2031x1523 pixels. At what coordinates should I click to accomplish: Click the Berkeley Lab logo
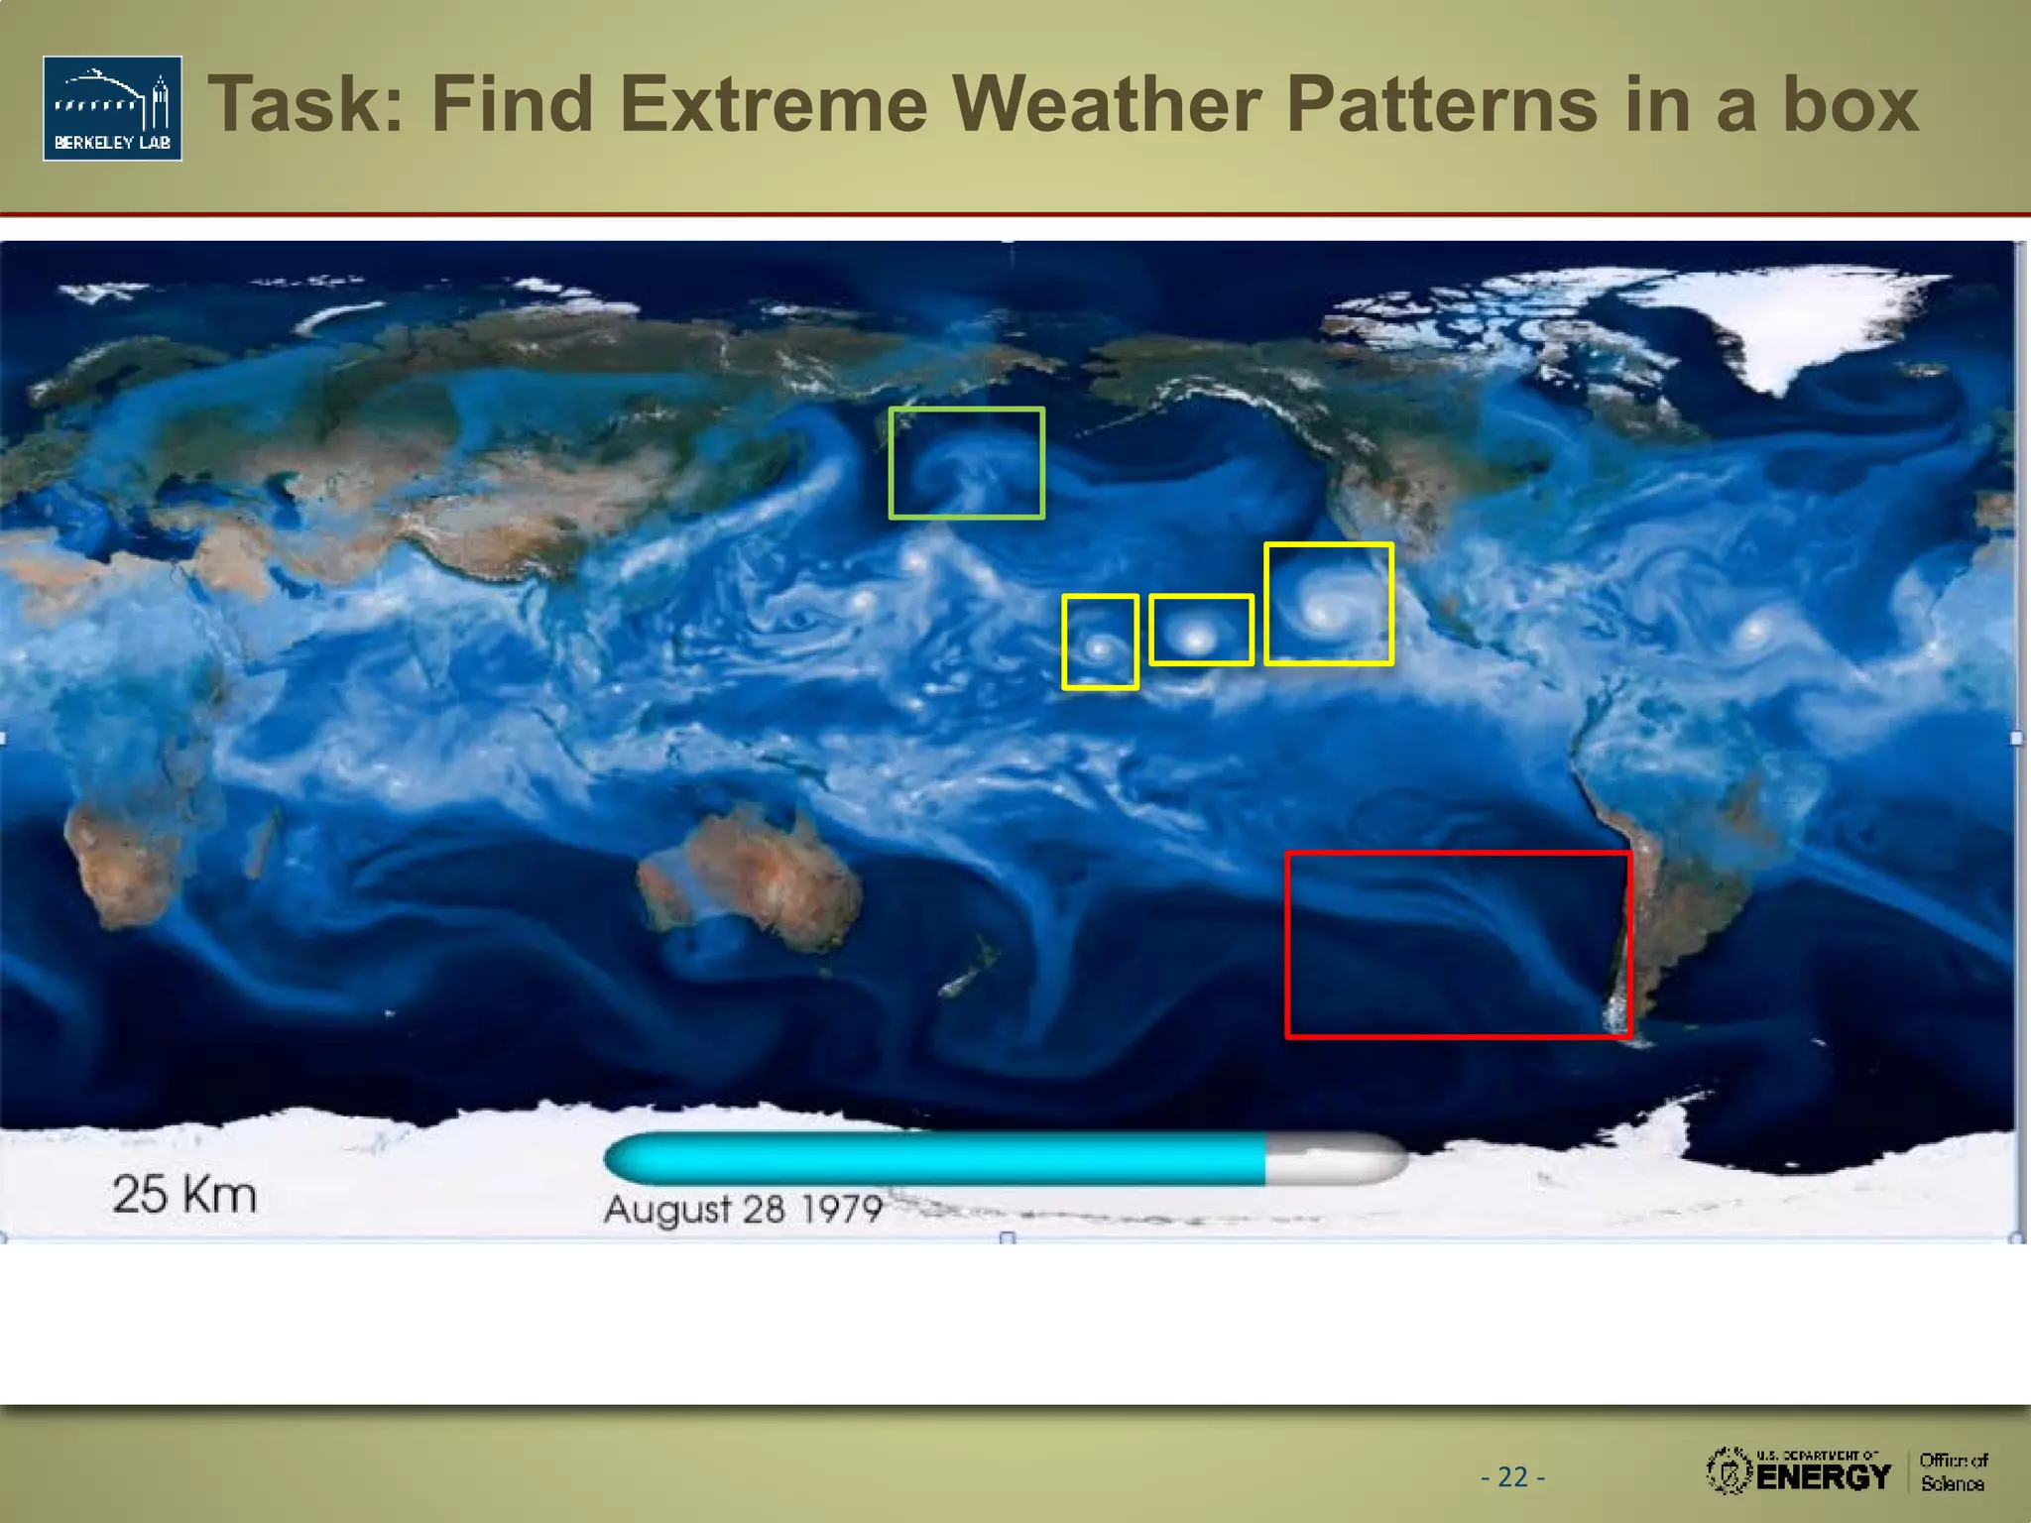click(x=112, y=108)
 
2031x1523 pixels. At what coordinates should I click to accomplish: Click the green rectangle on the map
click(x=967, y=463)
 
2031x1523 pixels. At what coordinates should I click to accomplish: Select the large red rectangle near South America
click(x=1458, y=944)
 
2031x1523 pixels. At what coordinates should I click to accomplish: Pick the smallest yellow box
click(x=1100, y=642)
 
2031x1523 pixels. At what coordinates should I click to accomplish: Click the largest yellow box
click(x=1329, y=603)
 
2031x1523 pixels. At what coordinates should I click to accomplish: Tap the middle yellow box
click(x=1201, y=630)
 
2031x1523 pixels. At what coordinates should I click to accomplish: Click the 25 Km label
click(x=184, y=1194)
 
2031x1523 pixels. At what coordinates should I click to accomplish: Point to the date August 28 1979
click(x=743, y=1209)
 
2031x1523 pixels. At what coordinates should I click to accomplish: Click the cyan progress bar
click(x=932, y=1158)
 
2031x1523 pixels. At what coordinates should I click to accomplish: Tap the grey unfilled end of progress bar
click(x=1334, y=1158)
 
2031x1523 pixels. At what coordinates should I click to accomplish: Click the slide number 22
click(x=1512, y=1477)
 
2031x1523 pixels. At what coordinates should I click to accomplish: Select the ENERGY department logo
click(x=1800, y=1470)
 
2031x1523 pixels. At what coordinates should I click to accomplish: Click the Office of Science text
click(x=1953, y=1471)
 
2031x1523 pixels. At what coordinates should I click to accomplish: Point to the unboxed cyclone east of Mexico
click(x=1756, y=629)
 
